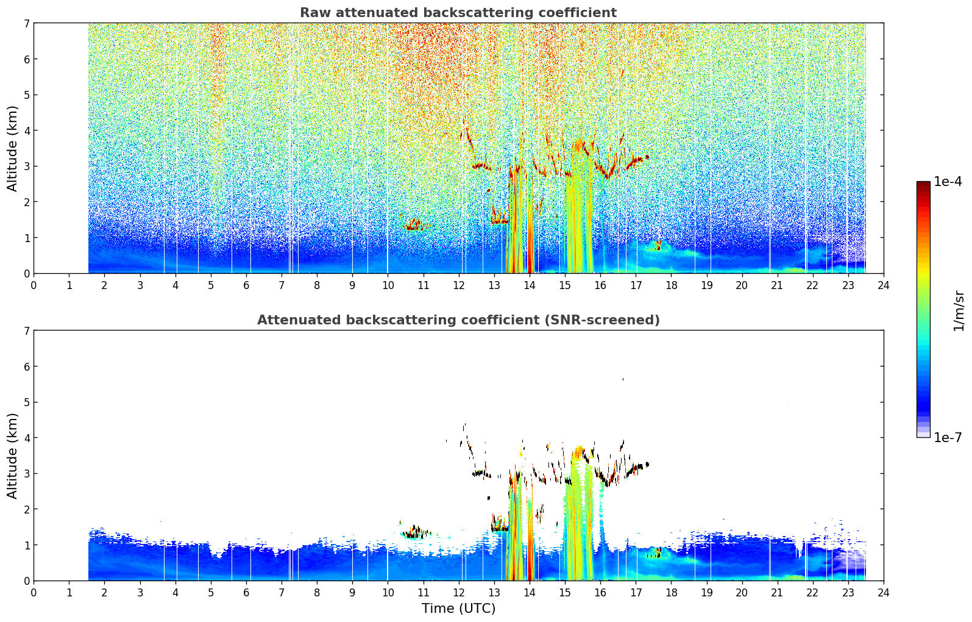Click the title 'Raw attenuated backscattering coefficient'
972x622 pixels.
point(458,13)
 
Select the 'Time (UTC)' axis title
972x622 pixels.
point(458,608)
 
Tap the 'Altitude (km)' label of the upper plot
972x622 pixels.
point(12,149)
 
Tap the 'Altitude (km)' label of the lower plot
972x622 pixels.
point(12,456)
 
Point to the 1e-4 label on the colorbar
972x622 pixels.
point(948,182)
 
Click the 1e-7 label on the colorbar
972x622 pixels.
point(948,437)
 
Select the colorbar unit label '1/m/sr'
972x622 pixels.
point(959,311)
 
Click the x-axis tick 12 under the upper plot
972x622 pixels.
point(459,285)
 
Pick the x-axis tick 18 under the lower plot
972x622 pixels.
point(672,593)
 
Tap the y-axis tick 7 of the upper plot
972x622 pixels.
point(26,23)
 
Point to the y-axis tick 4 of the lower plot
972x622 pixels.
point(26,438)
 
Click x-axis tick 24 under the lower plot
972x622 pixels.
point(884,593)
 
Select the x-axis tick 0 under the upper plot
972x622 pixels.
point(34,285)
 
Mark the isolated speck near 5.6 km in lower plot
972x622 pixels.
point(623,379)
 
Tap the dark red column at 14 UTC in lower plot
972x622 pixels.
point(530,534)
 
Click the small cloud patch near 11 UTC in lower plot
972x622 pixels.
point(416,532)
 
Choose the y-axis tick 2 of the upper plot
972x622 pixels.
point(26,202)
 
